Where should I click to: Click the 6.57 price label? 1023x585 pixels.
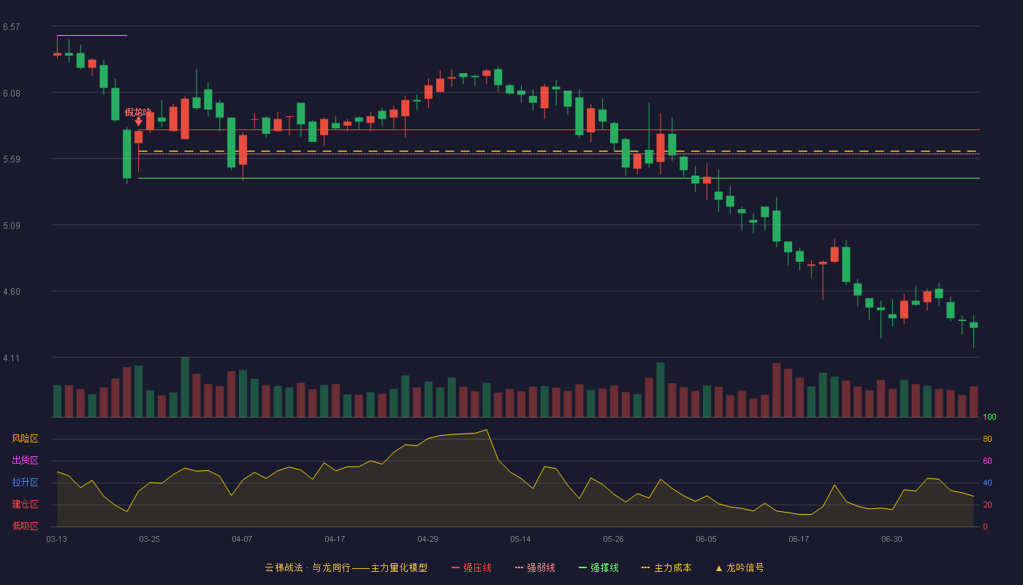pos(12,27)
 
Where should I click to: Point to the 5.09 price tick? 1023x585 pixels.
pos(12,226)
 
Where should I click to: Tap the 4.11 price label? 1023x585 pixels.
pos(12,358)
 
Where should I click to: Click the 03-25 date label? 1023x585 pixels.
pos(149,540)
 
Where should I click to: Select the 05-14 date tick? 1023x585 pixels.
pos(520,540)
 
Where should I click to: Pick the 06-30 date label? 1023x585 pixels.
pos(892,540)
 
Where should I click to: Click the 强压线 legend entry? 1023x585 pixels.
pos(471,567)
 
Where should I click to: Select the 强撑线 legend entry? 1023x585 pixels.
pos(598,567)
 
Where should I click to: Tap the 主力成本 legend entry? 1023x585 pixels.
pos(666,567)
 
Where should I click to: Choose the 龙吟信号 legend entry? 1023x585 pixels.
pos(739,567)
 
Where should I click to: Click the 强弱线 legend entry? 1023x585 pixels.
pos(535,567)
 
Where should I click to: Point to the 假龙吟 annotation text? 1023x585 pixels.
pos(138,113)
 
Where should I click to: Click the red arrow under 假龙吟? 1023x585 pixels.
pos(138,121)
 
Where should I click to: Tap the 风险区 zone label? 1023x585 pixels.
pos(25,439)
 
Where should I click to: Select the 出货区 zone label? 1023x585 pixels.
pos(25,460)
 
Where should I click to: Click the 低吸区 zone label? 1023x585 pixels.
pos(25,526)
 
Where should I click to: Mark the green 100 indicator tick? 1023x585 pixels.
pos(989,417)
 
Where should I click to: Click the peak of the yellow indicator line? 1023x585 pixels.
pos(487,430)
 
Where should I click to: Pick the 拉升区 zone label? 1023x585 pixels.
pos(25,482)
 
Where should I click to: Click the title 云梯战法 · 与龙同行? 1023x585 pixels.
pos(308,567)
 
